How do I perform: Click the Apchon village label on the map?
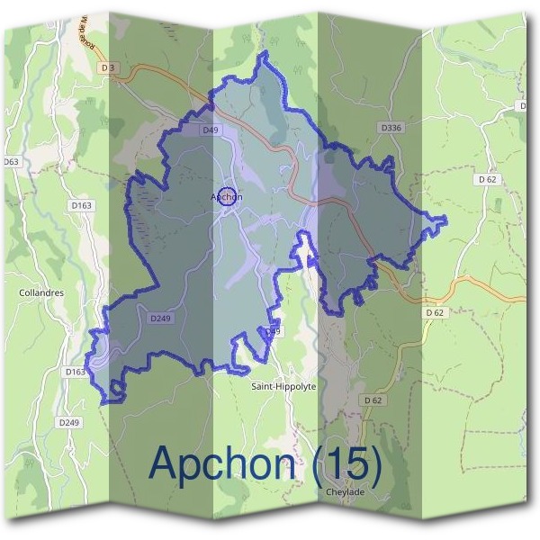pyautogui.click(x=227, y=196)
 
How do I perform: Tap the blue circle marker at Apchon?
pyautogui.click(x=228, y=196)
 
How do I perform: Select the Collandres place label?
pyautogui.click(x=39, y=292)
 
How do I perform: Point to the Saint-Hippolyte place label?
pyautogui.click(x=283, y=385)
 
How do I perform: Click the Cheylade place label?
pyautogui.click(x=346, y=493)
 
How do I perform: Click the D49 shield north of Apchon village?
pyautogui.click(x=211, y=130)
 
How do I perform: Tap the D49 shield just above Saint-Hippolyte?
pyautogui.click(x=273, y=332)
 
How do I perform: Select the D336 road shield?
pyautogui.click(x=390, y=128)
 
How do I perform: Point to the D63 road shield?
pyautogui.click(x=11, y=162)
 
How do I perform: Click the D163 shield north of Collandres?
pyautogui.click(x=81, y=206)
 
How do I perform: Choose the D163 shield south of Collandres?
pyautogui.click(x=76, y=371)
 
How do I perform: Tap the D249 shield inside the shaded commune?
pyautogui.click(x=160, y=318)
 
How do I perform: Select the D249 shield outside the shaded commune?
pyautogui.click(x=68, y=422)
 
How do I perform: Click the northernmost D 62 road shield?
pyautogui.click(x=488, y=179)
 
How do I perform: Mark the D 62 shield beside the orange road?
pyautogui.click(x=435, y=312)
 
